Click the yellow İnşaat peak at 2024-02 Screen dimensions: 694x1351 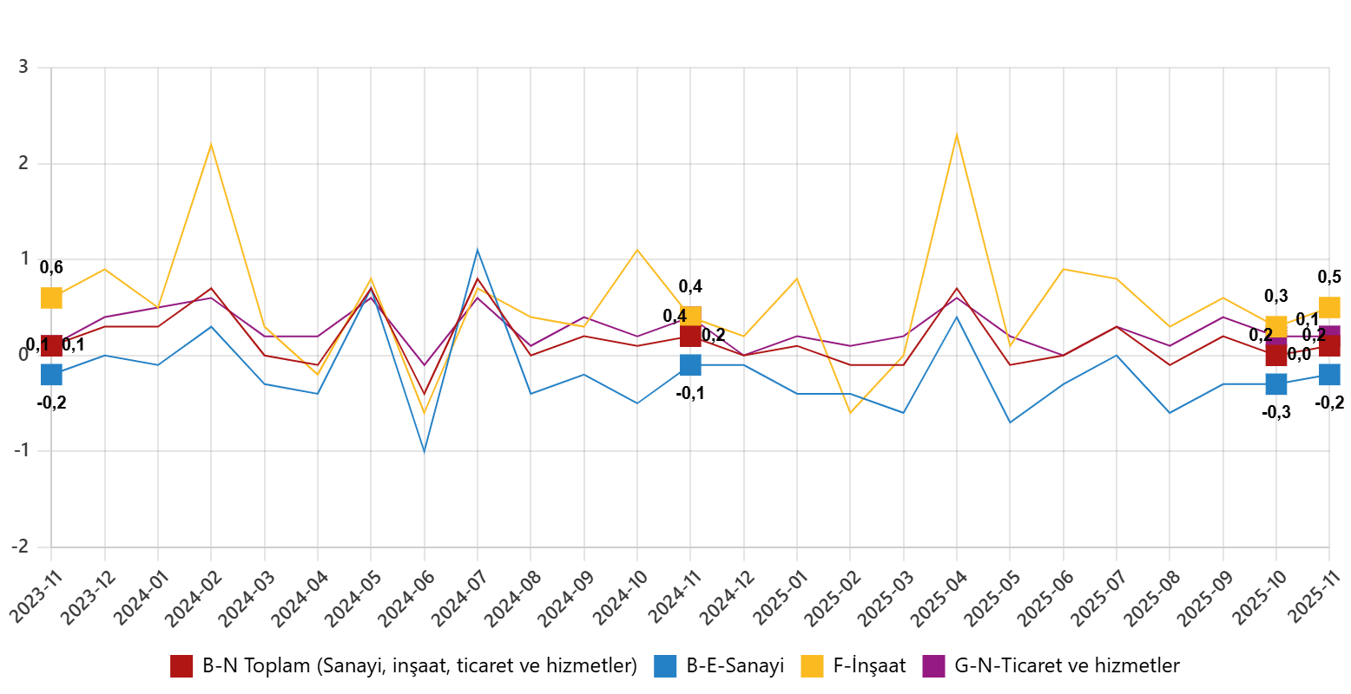tap(211, 144)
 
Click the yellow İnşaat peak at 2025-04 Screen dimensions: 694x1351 tap(956, 134)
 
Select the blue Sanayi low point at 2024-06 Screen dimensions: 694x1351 tap(425, 451)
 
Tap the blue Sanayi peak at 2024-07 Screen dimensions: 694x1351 tap(478, 250)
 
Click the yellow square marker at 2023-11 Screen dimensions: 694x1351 tap(51, 298)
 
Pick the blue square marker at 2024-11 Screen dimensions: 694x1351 tap(690, 364)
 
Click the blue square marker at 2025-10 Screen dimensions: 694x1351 tap(1275, 383)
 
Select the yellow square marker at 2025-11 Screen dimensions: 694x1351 tap(1328, 307)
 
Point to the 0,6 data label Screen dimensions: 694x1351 tap(51, 267)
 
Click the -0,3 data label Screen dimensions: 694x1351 tap(1275, 412)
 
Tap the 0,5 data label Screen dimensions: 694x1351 tap(1328, 277)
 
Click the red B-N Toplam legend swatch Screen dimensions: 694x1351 tap(181, 666)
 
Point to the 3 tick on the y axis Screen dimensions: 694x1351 tap(22, 67)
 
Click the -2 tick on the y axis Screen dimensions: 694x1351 tap(18, 547)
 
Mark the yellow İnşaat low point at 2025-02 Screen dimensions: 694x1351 tap(850, 413)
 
